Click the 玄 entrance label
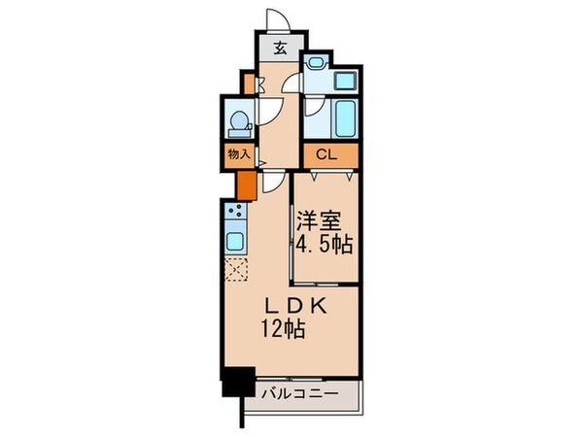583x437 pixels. [x=279, y=47]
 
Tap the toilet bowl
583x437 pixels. [x=238, y=123]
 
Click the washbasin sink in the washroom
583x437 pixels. [x=346, y=82]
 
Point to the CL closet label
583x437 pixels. [x=324, y=153]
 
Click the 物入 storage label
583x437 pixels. [x=239, y=153]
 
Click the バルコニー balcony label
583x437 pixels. [x=300, y=394]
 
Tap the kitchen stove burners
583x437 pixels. [x=233, y=210]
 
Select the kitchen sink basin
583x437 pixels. [x=234, y=240]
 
